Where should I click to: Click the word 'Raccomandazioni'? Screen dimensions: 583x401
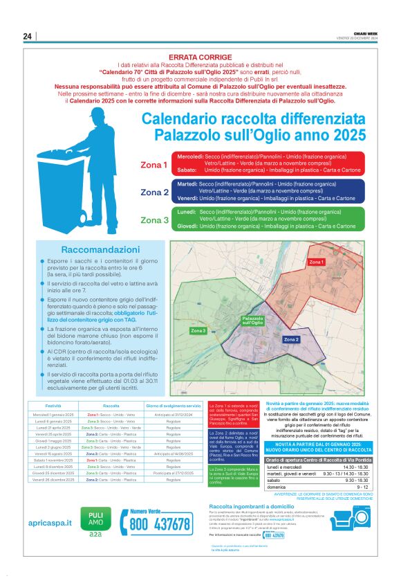101,249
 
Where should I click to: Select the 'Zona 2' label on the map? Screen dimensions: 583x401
291,339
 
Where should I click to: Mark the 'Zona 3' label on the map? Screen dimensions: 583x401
198,331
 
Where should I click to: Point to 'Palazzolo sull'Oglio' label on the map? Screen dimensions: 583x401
252,321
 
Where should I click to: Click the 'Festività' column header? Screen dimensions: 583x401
53,405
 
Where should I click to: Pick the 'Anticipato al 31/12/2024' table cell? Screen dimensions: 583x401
174,414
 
